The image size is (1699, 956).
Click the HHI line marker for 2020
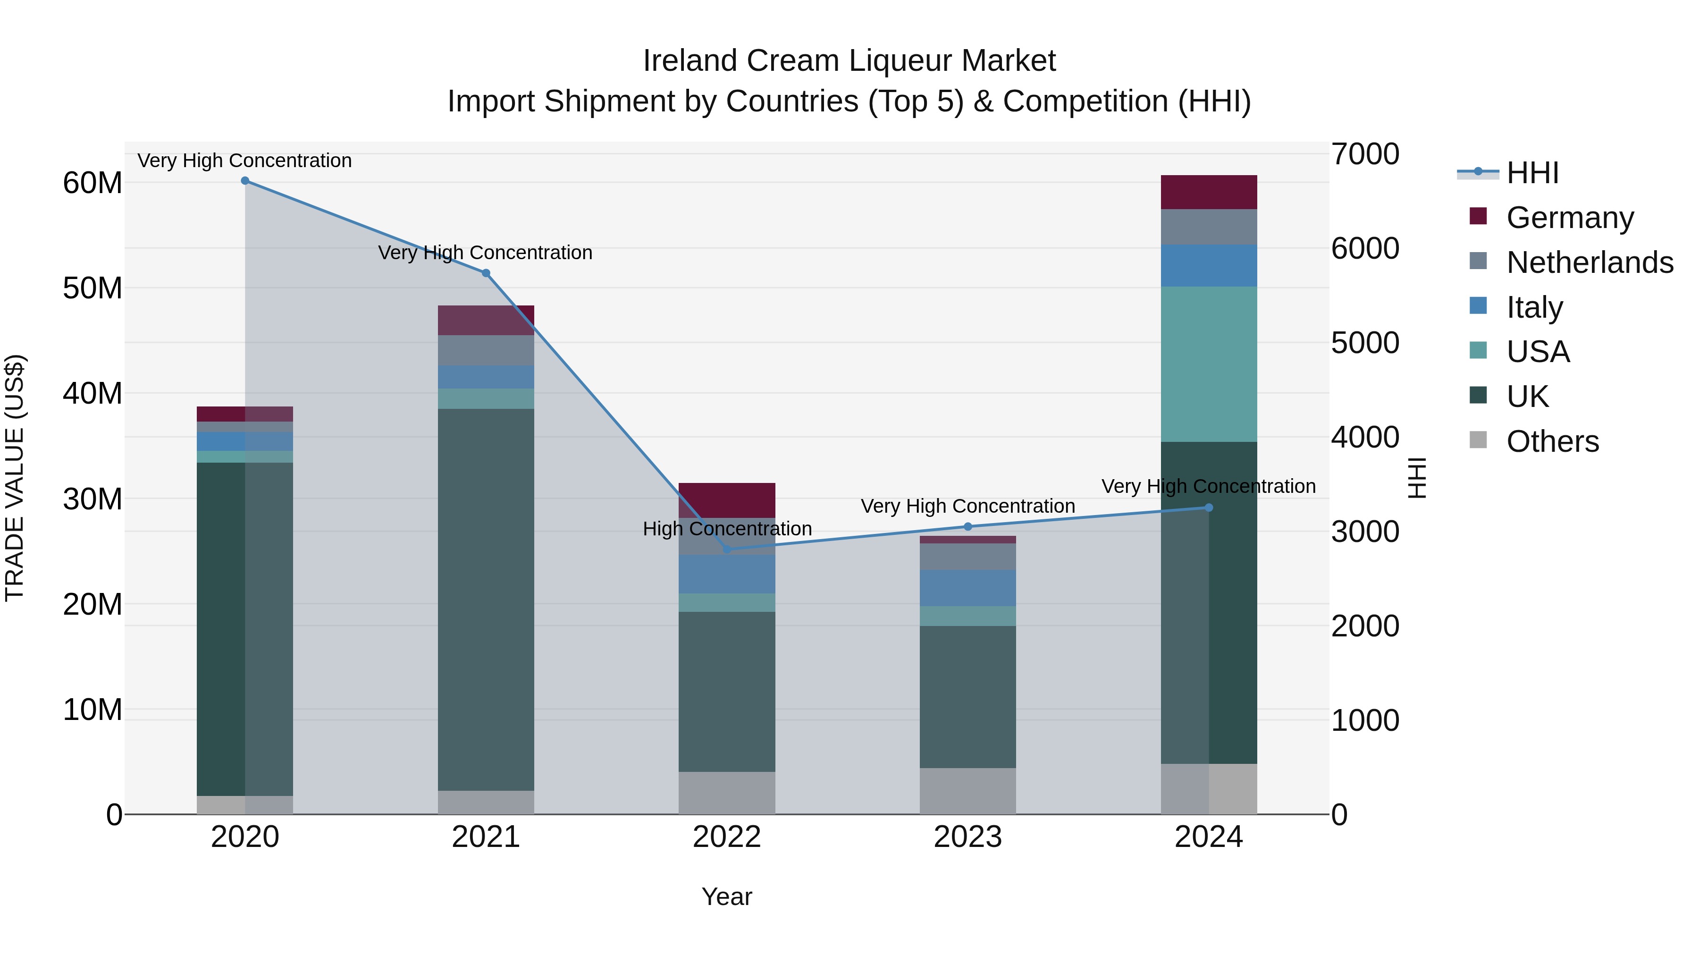click(x=244, y=181)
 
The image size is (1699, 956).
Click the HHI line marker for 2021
click(x=486, y=273)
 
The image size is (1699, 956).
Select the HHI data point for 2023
click(x=967, y=526)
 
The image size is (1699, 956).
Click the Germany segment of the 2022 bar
click(x=727, y=500)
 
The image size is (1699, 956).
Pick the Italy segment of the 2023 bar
click(x=967, y=588)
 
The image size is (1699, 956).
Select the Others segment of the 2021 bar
click(x=486, y=802)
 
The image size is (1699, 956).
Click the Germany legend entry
click(x=1570, y=218)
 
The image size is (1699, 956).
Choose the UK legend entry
click(x=1527, y=397)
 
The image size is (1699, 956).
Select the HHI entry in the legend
click(x=1532, y=173)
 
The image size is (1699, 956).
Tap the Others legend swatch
click(x=1478, y=440)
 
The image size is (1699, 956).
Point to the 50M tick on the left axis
click(x=93, y=288)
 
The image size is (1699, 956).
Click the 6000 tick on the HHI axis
click(x=1364, y=249)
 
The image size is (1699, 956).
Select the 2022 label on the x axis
click(x=727, y=837)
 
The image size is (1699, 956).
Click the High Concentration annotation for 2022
click(x=727, y=528)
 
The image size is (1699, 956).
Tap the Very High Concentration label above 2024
click(x=1208, y=486)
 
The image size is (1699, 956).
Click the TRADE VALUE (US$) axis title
click(x=15, y=478)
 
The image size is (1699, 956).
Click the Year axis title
click(x=727, y=897)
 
